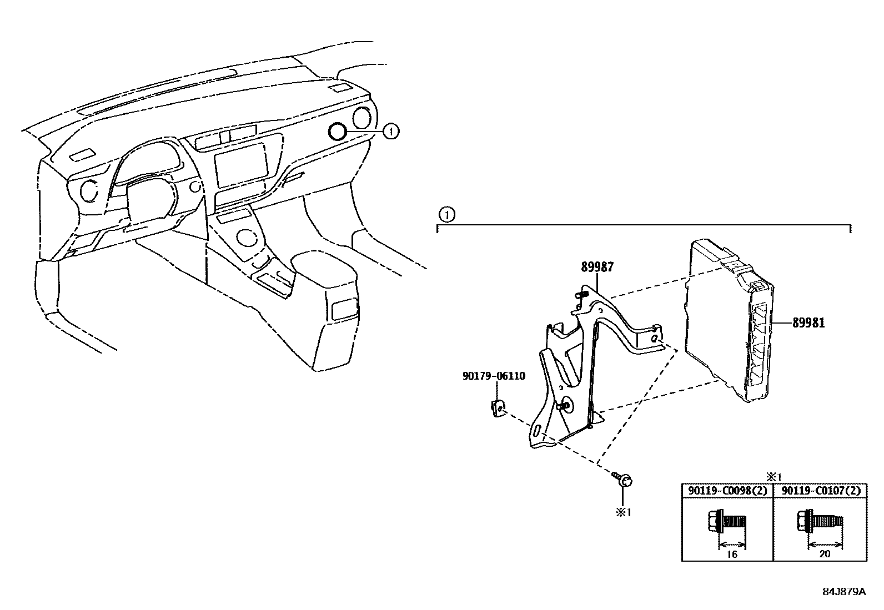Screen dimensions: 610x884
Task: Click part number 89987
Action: tap(597, 267)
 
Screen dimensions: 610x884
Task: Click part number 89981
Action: tap(808, 322)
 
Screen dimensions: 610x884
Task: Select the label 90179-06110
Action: tap(493, 376)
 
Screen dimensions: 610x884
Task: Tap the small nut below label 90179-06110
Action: tap(497, 408)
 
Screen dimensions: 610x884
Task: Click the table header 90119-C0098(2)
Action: tap(727, 491)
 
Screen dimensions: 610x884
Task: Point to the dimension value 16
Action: tap(732, 554)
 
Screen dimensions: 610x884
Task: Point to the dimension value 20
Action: tap(825, 554)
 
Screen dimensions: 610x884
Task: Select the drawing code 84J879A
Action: tap(844, 591)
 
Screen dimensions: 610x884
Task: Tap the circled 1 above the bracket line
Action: tap(446, 214)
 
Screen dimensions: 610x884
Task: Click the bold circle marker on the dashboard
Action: tap(337, 132)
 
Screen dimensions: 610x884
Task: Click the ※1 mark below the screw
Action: tap(623, 512)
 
